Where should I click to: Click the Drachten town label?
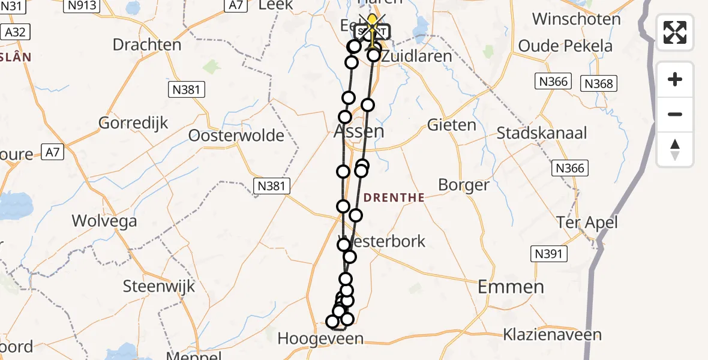146,44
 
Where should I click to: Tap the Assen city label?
359,131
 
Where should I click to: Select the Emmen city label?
511,287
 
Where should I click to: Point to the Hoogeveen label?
320,339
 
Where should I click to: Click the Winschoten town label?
576,19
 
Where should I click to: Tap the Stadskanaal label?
542,133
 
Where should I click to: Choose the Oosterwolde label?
236,136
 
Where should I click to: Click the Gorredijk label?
133,123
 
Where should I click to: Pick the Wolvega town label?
104,221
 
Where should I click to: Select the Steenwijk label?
159,286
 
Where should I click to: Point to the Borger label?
464,185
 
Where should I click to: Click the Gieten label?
452,125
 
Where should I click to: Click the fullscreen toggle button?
675,32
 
